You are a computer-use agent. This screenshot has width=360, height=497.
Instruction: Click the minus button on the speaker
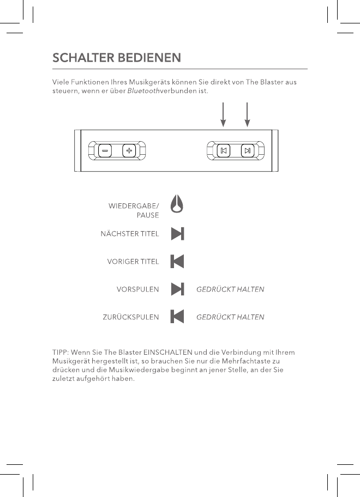(x=105, y=150)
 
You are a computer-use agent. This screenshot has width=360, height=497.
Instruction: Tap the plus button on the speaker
(x=129, y=150)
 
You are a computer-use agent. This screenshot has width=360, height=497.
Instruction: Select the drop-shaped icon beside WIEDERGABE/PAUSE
(x=177, y=205)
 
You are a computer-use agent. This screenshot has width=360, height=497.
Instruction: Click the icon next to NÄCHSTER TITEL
(x=177, y=234)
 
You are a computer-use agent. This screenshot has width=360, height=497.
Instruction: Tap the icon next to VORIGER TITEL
(x=177, y=262)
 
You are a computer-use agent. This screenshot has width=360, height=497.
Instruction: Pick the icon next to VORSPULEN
(x=177, y=289)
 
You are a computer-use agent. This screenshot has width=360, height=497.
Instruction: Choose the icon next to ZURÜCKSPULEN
(x=177, y=316)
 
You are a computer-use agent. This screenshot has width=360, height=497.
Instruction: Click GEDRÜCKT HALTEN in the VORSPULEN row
(x=230, y=289)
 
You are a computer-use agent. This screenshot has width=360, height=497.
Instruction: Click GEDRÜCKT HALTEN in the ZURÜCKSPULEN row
(x=230, y=317)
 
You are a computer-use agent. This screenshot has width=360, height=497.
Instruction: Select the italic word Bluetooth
(x=143, y=91)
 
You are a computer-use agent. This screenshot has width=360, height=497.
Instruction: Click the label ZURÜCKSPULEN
(x=131, y=317)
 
